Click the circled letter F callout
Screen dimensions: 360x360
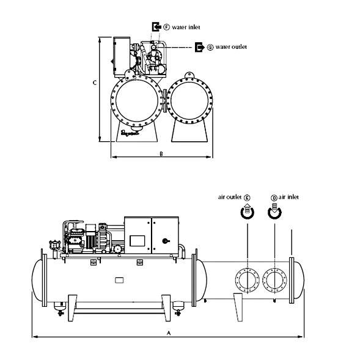pyautogui.click(x=166, y=27)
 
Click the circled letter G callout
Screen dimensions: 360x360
pyautogui.click(x=210, y=47)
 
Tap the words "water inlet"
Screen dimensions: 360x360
pyautogui.click(x=186, y=27)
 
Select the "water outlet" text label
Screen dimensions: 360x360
pyautogui.click(x=231, y=47)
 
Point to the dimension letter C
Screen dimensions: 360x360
pyautogui.click(x=95, y=83)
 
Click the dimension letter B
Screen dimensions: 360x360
pyautogui.click(x=161, y=153)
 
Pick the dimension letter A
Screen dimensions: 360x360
pyautogui.click(x=169, y=332)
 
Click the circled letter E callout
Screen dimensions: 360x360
pyautogui.click(x=247, y=197)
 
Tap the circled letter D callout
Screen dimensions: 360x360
pyautogui.click(x=274, y=197)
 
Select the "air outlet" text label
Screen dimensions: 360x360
pyautogui.click(x=230, y=197)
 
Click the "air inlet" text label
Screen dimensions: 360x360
pyautogui.click(x=288, y=197)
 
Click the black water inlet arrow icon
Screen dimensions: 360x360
pyautogui.click(x=156, y=27)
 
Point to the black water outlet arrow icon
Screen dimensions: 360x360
pyautogui.click(x=199, y=47)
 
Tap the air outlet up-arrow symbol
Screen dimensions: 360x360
pyautogui.click(x=248, y=211)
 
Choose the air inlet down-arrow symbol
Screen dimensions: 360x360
pyautogui.click(x=274, y=210)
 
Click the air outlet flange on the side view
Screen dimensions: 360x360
pyautogui.click(x=248, y=281)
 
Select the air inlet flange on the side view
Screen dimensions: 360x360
pyautogui.click(x=274, y=281)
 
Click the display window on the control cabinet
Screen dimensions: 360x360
pyautogui.click(x=138, y=241)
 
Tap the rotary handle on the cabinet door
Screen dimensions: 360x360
pyautogui.click(x=166, y=241)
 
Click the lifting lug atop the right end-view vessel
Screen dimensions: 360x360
pyautogui.click(x=189, y=75)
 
